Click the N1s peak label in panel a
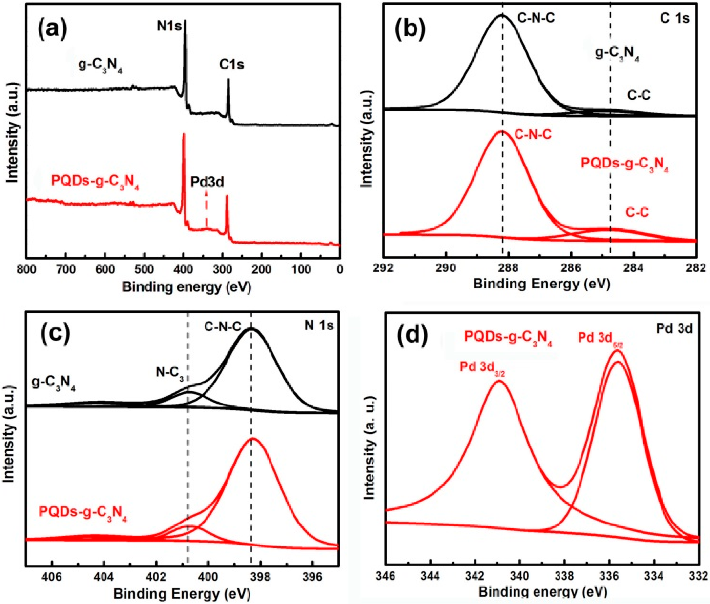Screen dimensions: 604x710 tap(169, 27)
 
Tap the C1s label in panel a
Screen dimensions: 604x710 tap(232, 64)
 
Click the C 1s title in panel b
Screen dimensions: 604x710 tap(674, 18)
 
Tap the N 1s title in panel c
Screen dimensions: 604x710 tap(318, 326)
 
